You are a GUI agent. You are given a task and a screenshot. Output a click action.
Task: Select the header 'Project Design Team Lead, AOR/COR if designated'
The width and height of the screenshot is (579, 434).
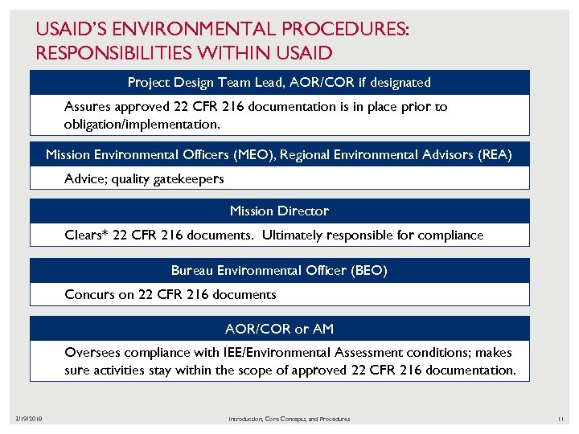[x=279, y=82]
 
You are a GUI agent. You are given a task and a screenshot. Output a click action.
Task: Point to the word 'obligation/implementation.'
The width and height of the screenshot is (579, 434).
[x=141, y=125]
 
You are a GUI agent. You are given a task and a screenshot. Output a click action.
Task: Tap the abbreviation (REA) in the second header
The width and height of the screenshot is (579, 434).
[x=492, y=154]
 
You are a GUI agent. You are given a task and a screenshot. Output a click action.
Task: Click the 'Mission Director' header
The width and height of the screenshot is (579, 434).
[x=279, y=211]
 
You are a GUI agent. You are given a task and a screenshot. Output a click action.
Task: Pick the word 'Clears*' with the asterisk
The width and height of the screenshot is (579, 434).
[x=85, y=235]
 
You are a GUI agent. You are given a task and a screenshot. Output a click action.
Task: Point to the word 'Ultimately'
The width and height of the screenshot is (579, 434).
[x=293, y=235]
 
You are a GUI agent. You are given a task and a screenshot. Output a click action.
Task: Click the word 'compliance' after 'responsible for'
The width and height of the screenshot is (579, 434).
[x=452, y=235]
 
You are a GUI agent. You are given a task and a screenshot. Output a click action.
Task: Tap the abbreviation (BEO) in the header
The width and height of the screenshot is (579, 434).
[x=368, y=270]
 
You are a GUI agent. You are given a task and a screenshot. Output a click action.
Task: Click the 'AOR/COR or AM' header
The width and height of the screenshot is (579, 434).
[x=279, y=328]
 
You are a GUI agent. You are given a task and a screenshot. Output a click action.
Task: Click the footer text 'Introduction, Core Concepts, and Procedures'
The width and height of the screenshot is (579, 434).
[x=289, y=419]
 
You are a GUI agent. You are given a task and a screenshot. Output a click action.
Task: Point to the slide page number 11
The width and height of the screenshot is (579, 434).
[x=561, y=419]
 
